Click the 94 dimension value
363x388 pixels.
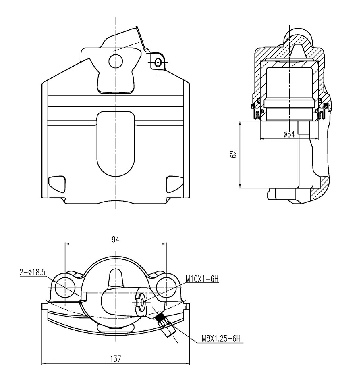[115, 239]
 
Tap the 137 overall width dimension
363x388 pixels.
[116, 359]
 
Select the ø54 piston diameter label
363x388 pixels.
[289, 134]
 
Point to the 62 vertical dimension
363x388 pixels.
[234, 154]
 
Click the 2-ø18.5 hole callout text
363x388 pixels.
[32, 272]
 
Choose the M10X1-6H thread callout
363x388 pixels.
[202, 279]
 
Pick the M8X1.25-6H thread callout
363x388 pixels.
[221, 338]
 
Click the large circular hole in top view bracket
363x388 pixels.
[116, 61]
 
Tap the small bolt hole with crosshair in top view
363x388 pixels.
[158, 63]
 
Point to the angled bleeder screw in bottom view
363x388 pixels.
[164, 325]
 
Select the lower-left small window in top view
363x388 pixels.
[57, 184]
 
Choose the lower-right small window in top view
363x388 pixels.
[174, 184]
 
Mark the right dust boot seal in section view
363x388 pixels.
[321, 111]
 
